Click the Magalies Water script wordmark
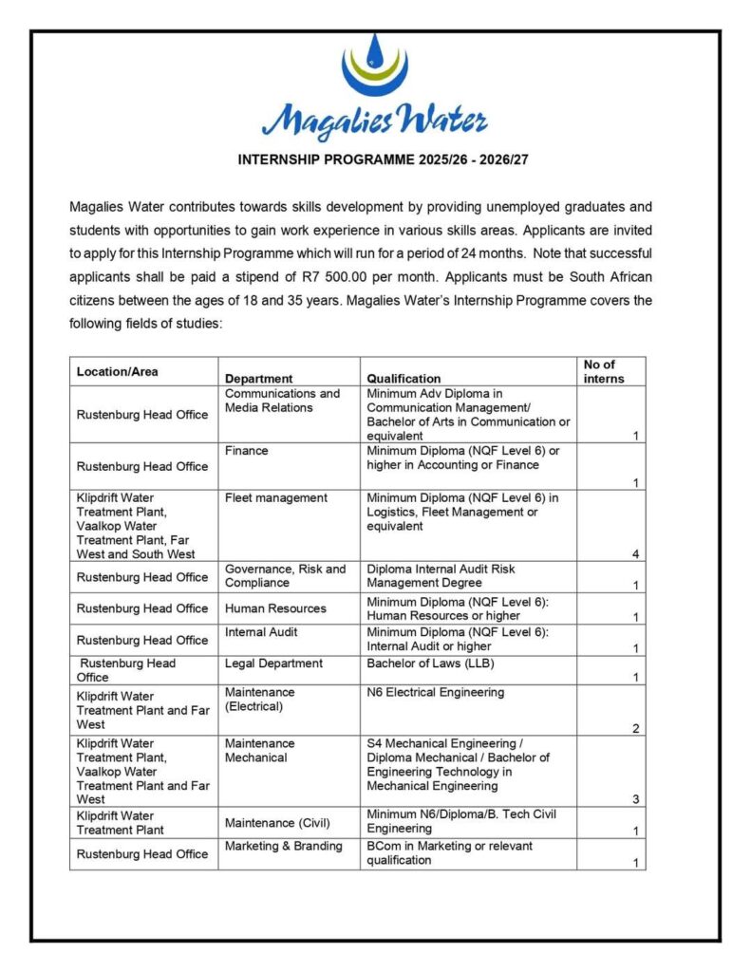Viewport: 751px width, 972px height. [374, 121]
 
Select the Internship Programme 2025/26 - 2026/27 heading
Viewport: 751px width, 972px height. [383, 159]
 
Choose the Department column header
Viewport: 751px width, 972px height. [258, 378]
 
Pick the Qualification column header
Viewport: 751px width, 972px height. [404, 378]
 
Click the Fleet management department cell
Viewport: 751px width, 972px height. [275, 497]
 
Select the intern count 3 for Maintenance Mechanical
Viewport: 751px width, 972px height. [635, 799]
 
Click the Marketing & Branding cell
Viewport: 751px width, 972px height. [283, 846]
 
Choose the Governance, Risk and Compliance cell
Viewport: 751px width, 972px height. [285, 576]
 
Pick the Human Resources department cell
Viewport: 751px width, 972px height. [275, 608]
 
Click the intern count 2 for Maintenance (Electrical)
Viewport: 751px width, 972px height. [635, 728]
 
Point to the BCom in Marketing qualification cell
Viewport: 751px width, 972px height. [449, 852]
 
